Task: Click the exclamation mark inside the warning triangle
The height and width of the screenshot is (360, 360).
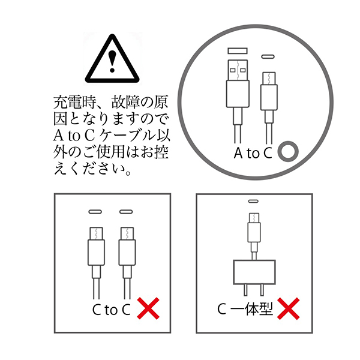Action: pyautogui.click(x=112, y=61)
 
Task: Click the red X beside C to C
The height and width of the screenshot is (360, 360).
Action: pyautogui.click(x=148, y=308)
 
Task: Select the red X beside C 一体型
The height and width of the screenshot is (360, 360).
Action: pyautogui.click(x=289, y=308)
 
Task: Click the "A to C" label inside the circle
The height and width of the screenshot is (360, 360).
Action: pyautogui.click(x=253, y=153)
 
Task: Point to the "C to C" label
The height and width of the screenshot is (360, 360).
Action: pyautogui.click(x=112, y=310)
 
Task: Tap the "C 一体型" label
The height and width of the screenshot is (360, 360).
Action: pyautogui.click(x=245, y=309)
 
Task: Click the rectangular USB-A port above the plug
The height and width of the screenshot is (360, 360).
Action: pyautogui.click(x=238, y=51)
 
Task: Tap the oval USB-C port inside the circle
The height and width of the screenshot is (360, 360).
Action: pyautogui.click(x=268, y=56)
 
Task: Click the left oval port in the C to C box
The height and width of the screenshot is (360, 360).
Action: pyautogui.click(x=95, y=212)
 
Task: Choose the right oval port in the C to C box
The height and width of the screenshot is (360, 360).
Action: pyautogui.click(x=126, y=212)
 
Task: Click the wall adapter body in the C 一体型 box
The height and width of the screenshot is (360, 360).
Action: pyautogui.click(x=254, y=272)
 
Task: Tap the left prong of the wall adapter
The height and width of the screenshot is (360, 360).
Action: pyautogui.click(x=245, y=290)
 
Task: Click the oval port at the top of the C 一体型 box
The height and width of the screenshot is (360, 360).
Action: pyautogui.click(x=253, y=202)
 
